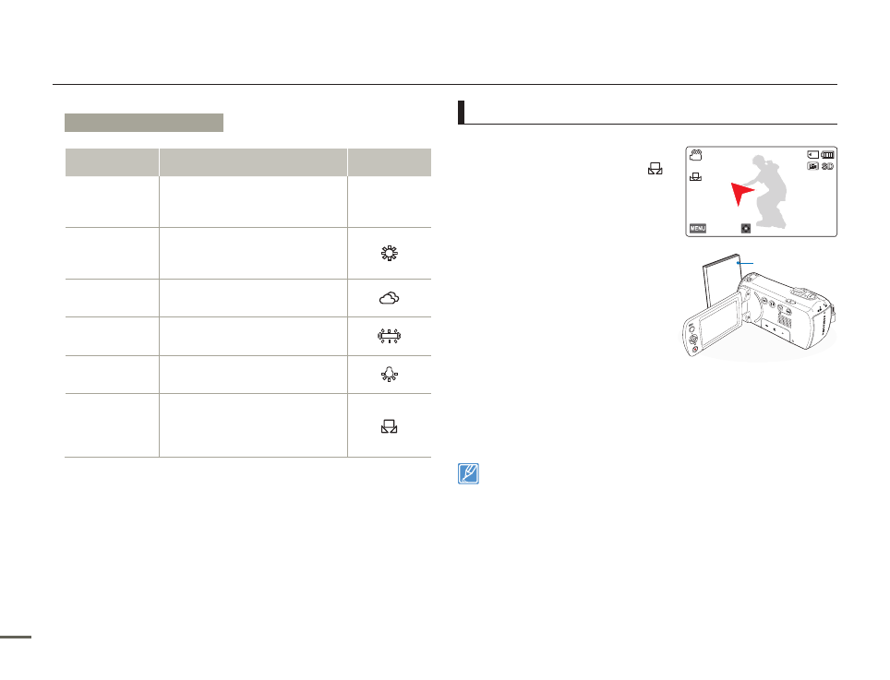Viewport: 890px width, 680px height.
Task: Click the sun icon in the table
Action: coord(390,253)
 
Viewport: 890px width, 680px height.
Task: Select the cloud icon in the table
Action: coord(390,298)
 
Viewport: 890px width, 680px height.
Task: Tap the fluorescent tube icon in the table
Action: coord(390,337)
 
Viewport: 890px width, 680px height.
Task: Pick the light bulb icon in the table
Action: coord(390,375)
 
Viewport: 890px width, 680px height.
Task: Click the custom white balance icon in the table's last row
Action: coord(390,426)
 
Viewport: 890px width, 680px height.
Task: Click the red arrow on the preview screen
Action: coord(741,194)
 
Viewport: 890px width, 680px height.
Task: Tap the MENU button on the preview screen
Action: coord(698,228)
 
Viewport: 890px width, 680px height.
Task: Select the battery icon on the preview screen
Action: coord(827,155)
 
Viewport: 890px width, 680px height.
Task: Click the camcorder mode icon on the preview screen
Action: coord(696,155)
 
